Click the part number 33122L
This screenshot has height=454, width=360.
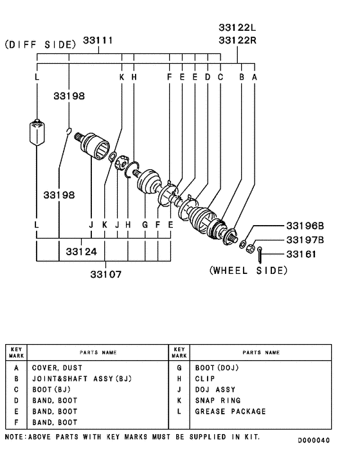tap(237, 28)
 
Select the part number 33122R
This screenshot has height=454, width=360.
tap(237, 40)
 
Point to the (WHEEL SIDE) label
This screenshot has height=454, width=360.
tap(248, 271)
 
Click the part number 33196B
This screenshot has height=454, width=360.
tap(305, 226)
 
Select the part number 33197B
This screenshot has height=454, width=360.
tap(305, 240)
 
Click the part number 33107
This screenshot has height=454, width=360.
tap(105, 273)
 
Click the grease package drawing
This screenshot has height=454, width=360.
tap(38, 132)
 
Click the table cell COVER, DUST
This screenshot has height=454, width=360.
tap(57, 368)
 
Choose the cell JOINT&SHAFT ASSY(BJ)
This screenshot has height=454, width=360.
tap(82, 379)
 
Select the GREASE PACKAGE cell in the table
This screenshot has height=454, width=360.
tap(230, 412)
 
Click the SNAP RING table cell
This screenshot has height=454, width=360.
tap(217, 401)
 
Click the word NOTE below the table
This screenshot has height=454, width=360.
tap(15, 437)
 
